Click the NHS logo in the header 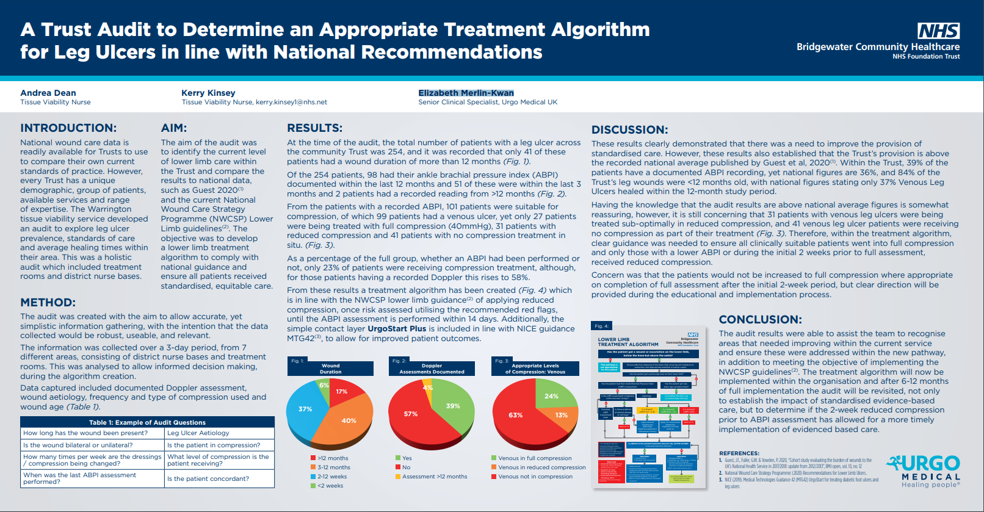938,31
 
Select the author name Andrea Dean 48,93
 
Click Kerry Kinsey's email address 291,102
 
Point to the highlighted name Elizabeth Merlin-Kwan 466,93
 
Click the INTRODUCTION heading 68,128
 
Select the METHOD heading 48,303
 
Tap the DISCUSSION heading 629,129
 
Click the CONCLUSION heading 760,320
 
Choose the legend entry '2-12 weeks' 331,477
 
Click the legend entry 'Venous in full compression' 535,458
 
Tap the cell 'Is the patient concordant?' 208,478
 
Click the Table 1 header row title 147,422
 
